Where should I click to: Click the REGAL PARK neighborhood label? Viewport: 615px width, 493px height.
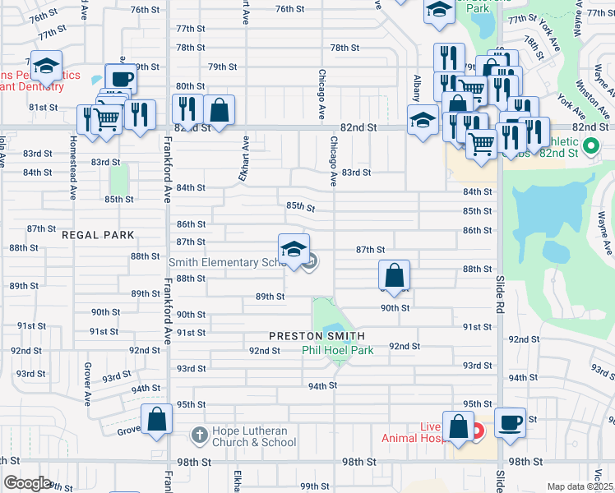click(x=97, y=235)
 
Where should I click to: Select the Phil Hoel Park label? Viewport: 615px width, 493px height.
click(x=337, y=350)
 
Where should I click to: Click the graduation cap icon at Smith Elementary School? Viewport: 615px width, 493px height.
click(x=294, y=249)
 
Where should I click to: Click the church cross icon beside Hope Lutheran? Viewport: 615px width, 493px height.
click(x=197, y=435)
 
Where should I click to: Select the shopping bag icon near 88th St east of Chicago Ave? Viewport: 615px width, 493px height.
click(x=395, y=275)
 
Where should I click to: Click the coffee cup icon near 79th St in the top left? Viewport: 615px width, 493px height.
click(x=120, y=78)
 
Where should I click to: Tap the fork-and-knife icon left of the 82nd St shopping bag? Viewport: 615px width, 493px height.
click(x=187, y=108)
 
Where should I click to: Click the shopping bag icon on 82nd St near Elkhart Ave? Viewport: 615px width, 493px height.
click(x=220, y=108)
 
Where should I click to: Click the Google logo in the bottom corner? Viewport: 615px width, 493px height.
click(x=28, y=483)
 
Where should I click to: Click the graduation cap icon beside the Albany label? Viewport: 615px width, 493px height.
click(x=423, y=121)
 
